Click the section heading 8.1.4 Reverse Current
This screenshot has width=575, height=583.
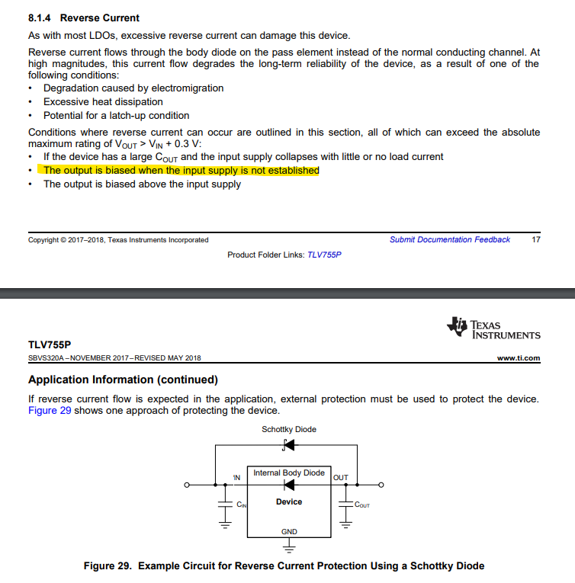pyautogui.click(x=84, y=18)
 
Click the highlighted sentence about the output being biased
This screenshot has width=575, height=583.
pyautogui.click(x=181, y=171)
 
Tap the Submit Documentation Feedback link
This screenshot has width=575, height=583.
pyautogui.click(x=449, y=239)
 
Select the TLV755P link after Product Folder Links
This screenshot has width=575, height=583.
pyautogui.click(x=324, y=255)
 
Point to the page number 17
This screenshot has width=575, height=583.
pyautogui.click(x=535, y=239)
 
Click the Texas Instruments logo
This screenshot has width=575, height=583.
pyautogui.click(x=494, y=328)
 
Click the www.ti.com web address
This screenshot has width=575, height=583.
pyautogui.click(x=518, y=358)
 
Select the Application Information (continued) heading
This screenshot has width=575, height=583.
pyautogui.click(x=123, y=380)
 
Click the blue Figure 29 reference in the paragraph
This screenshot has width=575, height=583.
pyautogui.click(x=50, y=411)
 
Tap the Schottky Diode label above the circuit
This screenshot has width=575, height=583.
pyautogui.click(x=288, y=429)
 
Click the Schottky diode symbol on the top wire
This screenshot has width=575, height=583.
pyautogui.click(x=288, y=445)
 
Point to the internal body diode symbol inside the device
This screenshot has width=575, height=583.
pyautogui.click(x=289, y=485)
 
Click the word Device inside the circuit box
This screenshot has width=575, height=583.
pyautogui.click(x=289, y=502)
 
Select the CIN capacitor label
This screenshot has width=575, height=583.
pyautogui.click(x=241, y=505)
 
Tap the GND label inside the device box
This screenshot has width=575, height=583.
pyautogui.click(x=289, y=531)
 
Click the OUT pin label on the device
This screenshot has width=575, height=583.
pyautogui.click(x=341, y=478)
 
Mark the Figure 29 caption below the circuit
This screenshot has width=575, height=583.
pyautogui.click(x=284, y=565)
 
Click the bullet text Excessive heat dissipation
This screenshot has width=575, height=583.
pyautogui.click(x=103, y=101)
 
